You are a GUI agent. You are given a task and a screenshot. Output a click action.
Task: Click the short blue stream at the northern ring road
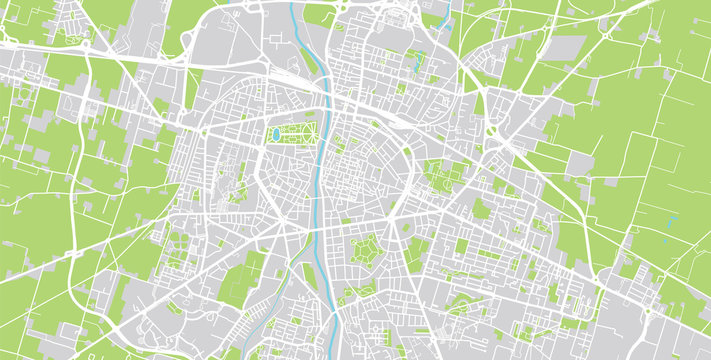click(x=443, y=16)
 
